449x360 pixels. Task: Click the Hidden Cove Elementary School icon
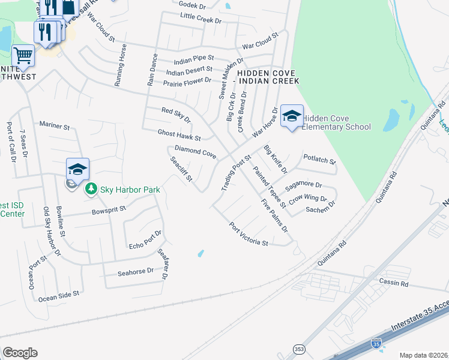pyautogui.click(x=292, y=116)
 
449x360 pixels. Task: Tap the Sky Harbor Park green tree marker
pyautogui.click(x=91, y=190)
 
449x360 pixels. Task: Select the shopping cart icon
pyautogui.click(x=23, y=56)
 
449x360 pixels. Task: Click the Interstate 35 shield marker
pyautogui.click(x=376, y=344)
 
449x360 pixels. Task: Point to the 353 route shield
pyautogui.click(x=299, y=349)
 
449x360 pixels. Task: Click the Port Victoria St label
pyautogui.click(x=249, y=235)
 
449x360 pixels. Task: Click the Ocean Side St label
pyautogui.click(x=59, y=296)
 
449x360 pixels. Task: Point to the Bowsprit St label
pyautogui.click(x=109, y=210)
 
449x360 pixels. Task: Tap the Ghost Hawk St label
pyautogui.click(x=178, y=135)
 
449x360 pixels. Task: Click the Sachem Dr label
pyautogui.click(x=319, y=209)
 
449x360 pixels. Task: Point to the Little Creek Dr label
pyautogui.click(x=200, y=20)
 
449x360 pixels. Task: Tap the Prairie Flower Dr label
pyautogui.click(x=187, y=80)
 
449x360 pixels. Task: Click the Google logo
pyautogui.click(x=20, y=353)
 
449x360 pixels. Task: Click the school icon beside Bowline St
pyautogui.click(x=78, y=169)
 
